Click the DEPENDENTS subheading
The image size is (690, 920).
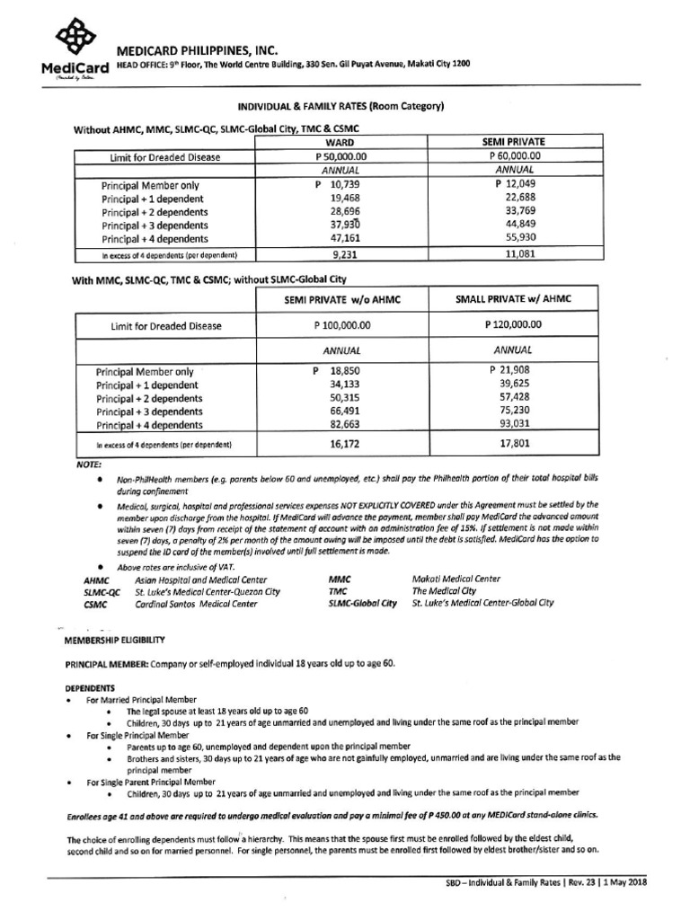tap(88, 686)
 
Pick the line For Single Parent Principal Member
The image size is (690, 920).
tap(145, 782)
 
